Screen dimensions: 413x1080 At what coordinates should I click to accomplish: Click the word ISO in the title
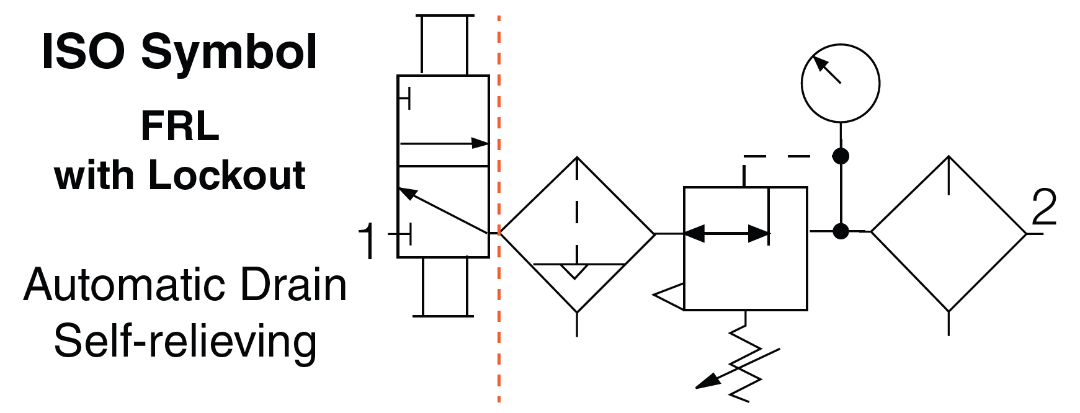[83, 51]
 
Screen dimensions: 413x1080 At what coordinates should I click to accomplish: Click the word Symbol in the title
[229, 53]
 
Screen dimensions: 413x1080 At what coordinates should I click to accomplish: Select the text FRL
[180, 127]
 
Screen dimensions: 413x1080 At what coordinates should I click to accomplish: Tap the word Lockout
[227, 175]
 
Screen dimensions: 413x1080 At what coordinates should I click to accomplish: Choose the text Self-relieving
[185, 341]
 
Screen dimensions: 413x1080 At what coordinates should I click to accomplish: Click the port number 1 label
[367, 241]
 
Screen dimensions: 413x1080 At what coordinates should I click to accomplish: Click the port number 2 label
[1044, 207]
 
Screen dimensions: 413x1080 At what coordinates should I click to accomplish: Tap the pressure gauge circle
[840, 83]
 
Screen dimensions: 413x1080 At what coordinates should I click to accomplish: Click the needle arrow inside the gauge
[827, 69]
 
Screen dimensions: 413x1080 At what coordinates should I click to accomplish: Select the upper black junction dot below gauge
[840, 156]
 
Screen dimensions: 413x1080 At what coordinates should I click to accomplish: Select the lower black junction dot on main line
[840, 231]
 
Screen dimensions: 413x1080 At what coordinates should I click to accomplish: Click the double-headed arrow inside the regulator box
[726, 234]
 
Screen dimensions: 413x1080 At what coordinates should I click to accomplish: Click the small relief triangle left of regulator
[671, 296]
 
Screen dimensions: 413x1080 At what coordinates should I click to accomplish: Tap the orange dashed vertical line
[499, 310]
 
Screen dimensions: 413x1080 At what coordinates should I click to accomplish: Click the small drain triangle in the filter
[574, 271]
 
